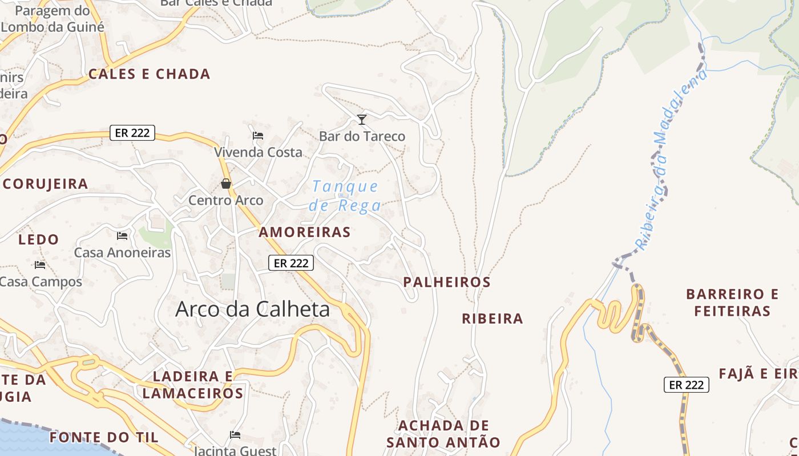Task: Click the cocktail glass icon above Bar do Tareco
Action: pos(361,119)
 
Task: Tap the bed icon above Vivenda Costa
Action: pos(258,136)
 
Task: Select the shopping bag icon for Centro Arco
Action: pos(226,184)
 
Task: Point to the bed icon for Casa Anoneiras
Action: pos(122,235)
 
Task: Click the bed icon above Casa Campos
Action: pos(40,264)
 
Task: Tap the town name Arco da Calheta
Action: pos(252,309)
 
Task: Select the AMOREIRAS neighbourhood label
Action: pos(305,232)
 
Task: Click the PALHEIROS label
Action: pos(447,282)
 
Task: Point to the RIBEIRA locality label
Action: pos(492,319)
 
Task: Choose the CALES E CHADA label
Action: pos(150,74)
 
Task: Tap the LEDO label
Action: pos(39,239)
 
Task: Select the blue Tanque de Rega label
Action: pos(345,196)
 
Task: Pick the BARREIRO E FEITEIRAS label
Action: pos(732,303)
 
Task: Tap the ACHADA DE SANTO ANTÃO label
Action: pos(443,434)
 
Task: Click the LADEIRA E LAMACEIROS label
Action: pos(193,385)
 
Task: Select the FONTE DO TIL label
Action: pos(103,437)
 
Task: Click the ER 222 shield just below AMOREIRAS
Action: pos(291,263)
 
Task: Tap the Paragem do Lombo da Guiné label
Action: pos(52,19)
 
